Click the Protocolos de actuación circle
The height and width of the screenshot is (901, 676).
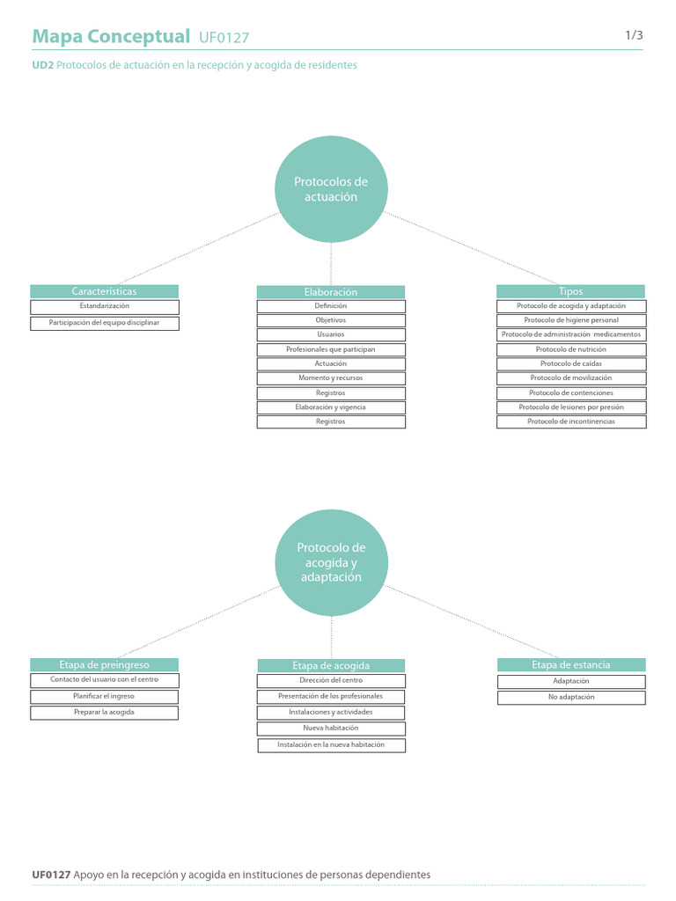331,189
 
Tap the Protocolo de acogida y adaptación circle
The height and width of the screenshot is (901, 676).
331,562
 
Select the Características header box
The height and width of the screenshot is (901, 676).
104,291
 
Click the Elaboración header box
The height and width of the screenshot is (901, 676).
331,292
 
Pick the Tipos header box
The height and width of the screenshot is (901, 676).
571,291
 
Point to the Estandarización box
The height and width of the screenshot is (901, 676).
104,306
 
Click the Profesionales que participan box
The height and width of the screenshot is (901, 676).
331,349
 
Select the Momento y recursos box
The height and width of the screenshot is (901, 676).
331,378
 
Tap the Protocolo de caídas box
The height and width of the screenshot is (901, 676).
571,363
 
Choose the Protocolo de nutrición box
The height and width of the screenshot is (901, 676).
571,349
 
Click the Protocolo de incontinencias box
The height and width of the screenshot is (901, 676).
571,421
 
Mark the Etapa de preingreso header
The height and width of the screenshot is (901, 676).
104,665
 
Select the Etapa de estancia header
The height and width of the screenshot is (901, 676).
571,665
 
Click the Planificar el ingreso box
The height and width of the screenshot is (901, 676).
104,696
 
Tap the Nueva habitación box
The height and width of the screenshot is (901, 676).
331,729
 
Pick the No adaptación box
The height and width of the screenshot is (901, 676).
571,697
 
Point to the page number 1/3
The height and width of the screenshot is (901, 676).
634,35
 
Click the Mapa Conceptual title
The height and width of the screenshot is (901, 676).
110,36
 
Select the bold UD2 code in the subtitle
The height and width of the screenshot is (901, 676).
42,65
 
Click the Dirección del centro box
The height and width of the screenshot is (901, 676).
331,680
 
